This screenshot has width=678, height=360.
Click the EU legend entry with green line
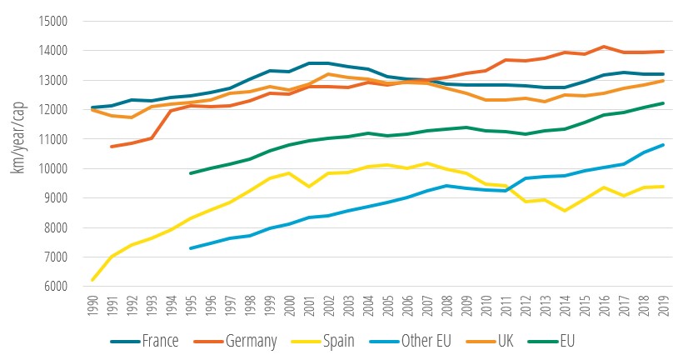click(576, 341)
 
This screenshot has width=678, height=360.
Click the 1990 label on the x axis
click(92, 306)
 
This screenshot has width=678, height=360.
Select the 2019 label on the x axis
click(662, 306)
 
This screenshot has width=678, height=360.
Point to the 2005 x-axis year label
click(387, 306)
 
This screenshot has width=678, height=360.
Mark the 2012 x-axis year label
click(525, 306)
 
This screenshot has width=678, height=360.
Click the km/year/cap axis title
click(17, 153)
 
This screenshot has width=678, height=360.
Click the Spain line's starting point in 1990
click(92, 280)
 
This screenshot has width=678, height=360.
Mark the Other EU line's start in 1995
click(191, 248)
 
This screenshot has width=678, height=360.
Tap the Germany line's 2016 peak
click(604, 47)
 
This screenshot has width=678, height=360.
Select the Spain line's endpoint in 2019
click(662, 187)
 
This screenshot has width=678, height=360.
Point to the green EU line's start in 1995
click(191, 173)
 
